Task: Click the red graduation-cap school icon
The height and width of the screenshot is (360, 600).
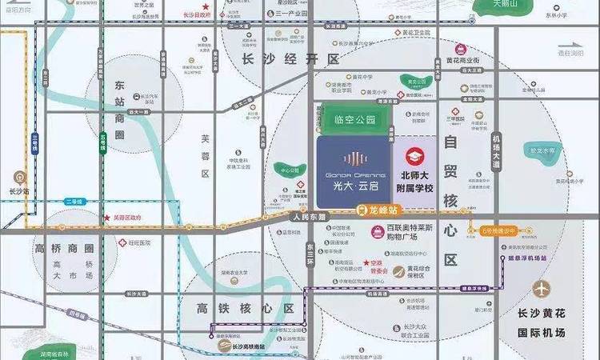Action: point(414,155)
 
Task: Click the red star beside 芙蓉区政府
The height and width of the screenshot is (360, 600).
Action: point(106,217)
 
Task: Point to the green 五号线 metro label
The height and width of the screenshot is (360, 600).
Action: point(102,146)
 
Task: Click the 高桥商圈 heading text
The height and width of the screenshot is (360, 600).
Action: point(65,248)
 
